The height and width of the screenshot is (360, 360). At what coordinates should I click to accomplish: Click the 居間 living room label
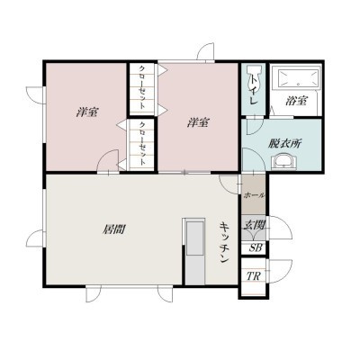tap(114, 229)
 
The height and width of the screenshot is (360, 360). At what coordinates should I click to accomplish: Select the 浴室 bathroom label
tap(296, 101)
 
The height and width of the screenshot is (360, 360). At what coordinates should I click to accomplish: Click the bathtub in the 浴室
tap(298, 78)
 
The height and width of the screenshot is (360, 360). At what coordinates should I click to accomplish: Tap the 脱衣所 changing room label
tap(284, 143)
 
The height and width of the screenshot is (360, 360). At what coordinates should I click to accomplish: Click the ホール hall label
tap(254, 195)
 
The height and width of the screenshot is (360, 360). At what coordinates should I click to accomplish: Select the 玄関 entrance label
tap(255, 224)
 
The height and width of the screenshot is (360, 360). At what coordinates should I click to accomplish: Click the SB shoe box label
tap(256, 247)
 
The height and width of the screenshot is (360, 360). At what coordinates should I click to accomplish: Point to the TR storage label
tap(254, 276)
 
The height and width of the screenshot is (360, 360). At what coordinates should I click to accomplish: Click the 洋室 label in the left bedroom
tap(87, 112)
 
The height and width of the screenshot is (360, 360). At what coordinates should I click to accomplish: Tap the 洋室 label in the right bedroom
tap(198, 122)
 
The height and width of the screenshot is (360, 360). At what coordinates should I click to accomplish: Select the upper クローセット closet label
tap(142, 87)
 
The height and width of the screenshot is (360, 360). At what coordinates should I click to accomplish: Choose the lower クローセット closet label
tap(142, 143)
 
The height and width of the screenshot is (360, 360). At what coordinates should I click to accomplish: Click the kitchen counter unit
tap(195, 251)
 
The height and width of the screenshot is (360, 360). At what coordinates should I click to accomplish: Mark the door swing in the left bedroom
tap(107, 161)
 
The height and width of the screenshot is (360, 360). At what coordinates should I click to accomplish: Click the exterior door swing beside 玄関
tap(280, 227)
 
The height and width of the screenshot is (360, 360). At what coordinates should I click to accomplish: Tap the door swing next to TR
tap(281, 271)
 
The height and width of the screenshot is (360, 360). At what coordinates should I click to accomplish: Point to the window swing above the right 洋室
tap(205, 52)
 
